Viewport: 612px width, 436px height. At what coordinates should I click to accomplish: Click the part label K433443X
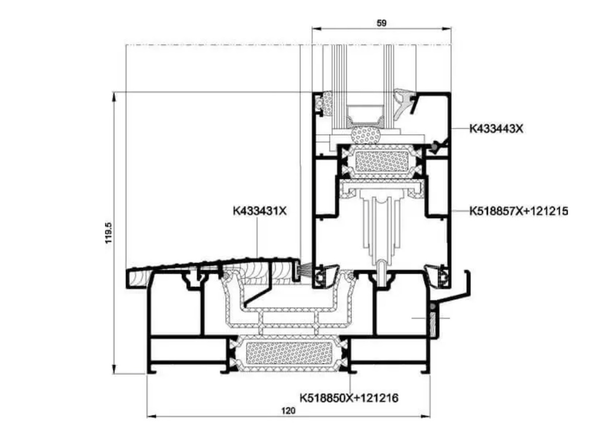coord(496,129)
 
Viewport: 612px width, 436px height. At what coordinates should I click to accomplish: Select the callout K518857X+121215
coord(519,211)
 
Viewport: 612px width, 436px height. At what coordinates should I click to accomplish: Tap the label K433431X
coord(260,211)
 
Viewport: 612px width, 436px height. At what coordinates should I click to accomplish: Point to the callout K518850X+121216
coord(349,398)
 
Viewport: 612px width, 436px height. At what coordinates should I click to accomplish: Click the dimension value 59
coord(381,23)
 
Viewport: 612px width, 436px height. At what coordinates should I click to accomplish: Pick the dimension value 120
coord(288,410)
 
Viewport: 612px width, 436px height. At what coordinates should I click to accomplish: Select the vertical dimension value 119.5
coord(109,233)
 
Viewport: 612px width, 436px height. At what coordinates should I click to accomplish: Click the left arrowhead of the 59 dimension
coord(316,29)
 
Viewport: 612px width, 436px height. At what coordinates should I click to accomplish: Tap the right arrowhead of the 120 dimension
coord(426,417)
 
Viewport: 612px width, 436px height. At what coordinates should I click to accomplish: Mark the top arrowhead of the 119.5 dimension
coord(114,96)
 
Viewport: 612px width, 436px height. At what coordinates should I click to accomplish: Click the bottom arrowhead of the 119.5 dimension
coord(114,369)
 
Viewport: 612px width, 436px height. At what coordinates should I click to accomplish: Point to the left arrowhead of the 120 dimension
coord(151,417)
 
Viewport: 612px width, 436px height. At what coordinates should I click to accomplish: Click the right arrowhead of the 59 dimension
coord(447,29)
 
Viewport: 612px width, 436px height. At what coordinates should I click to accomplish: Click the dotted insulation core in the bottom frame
coord(289,354)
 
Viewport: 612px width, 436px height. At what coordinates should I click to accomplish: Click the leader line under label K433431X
coord(257,237)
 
